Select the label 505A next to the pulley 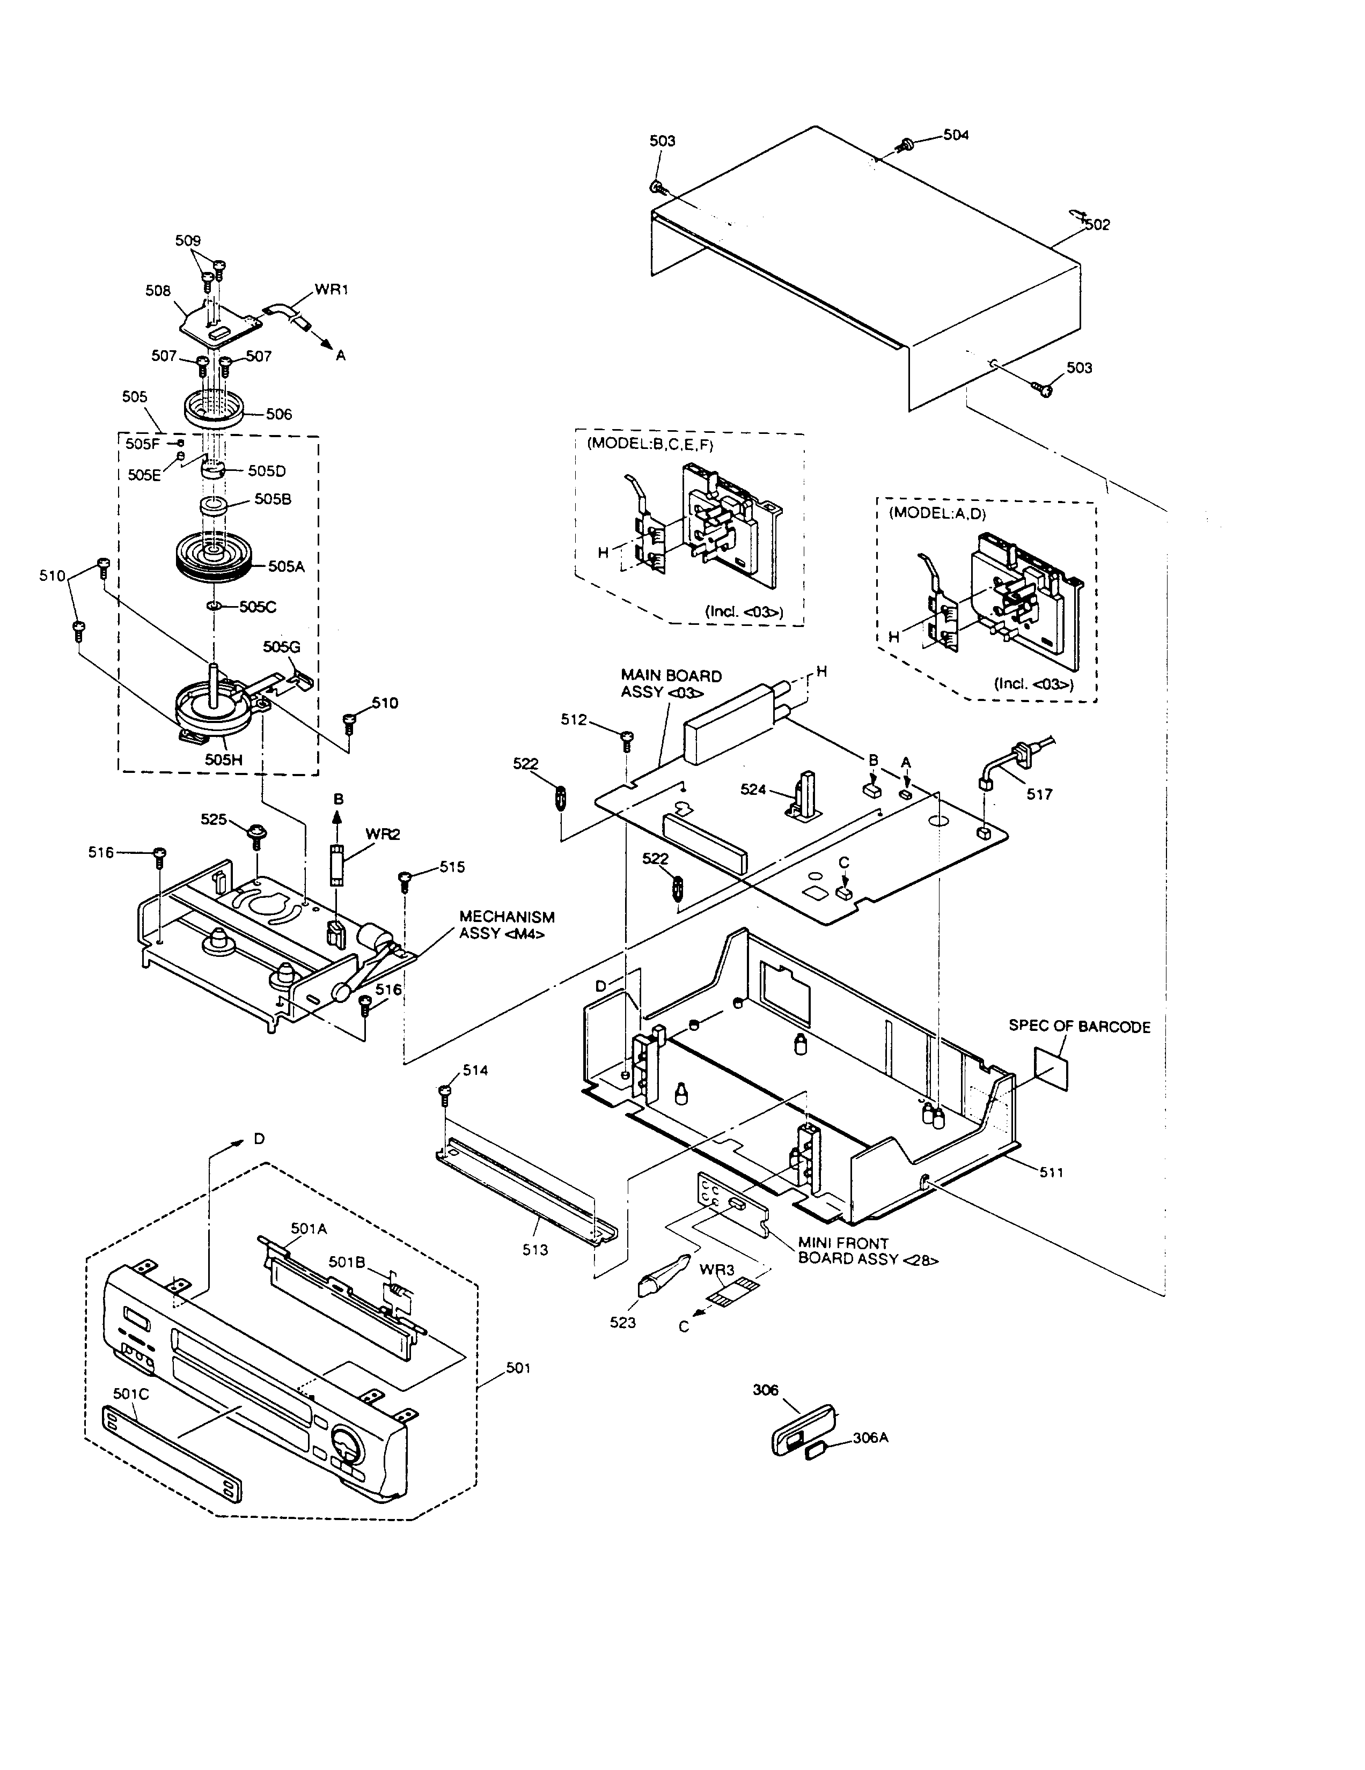[x=286, y=566]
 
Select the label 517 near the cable [x=1039, y=794]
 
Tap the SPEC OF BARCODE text [x=1079, y=1026]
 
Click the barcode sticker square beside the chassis [x=1051, y=1067]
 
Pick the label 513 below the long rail [x=535, y=1249]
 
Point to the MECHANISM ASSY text [x=507, y=925]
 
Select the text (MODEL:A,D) [x=937, y=512]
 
